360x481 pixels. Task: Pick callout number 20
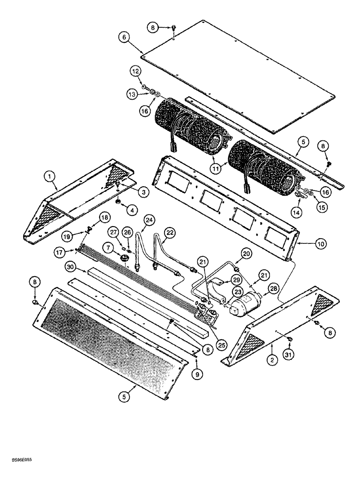[x=246, y=253]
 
